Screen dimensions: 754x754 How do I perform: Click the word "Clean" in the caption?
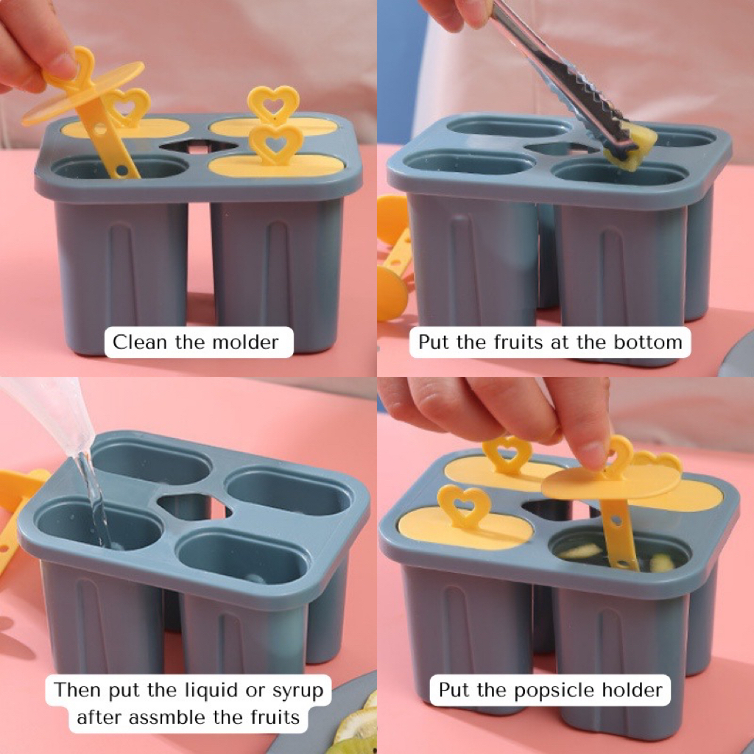click(140, 342)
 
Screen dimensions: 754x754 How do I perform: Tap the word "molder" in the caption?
click(245, 342)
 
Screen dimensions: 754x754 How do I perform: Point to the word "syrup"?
click(298, 691)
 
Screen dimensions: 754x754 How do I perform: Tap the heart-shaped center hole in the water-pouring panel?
click(194, 506)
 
